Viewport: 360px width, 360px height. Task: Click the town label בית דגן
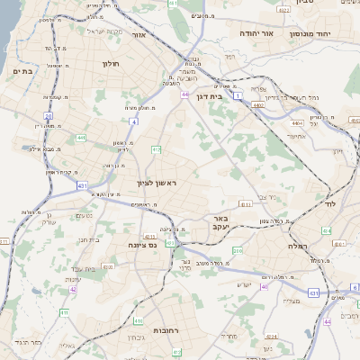click(x=209, y=94)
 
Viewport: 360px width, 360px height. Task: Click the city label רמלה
click(x=296, y=245)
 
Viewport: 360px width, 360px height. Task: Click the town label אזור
click(x=163, y=35)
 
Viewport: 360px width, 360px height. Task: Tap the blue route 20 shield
click(x=48, y=117)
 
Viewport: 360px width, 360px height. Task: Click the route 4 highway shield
click(x=132, y=121)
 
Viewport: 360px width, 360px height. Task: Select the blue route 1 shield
click(x=238, y=94)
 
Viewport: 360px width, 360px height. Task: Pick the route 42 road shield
click(x=73, y=290)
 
